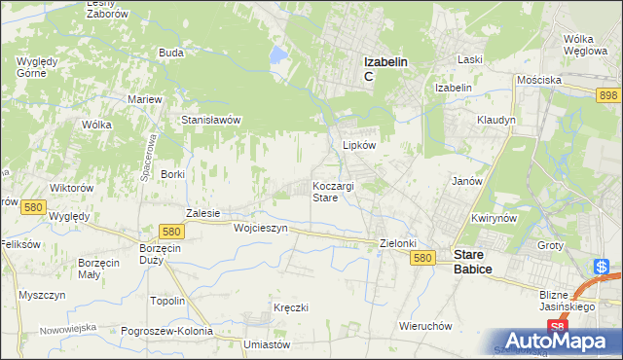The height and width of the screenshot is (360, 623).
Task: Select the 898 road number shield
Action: (608, 93)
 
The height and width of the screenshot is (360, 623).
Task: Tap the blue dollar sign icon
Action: (603, 267)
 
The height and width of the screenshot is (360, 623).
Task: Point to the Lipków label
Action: (358, 145)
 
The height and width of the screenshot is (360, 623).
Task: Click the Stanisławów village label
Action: (211, 121)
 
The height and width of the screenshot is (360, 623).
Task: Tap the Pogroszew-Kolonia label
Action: (167, 331)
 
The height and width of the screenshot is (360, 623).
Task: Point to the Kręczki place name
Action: (291, 307)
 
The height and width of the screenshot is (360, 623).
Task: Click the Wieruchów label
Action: (421, 326)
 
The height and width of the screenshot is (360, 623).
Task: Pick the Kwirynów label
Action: (493, 218)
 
